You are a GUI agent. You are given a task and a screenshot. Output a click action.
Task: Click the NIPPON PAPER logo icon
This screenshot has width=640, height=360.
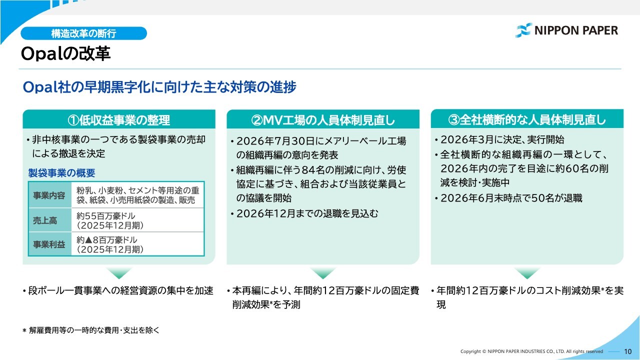524,30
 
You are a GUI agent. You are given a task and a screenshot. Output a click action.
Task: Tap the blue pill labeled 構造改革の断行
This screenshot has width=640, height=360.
83,33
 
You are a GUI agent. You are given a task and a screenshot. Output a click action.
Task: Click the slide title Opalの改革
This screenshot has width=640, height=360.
65,53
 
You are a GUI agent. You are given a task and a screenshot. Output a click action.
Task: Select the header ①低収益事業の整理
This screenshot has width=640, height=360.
119,119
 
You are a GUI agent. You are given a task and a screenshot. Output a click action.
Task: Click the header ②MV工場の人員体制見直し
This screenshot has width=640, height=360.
323,120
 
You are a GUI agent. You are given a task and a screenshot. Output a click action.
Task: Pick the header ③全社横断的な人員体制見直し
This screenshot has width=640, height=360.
527,119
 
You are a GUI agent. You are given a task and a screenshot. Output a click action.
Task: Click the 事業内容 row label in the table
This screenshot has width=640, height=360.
49,195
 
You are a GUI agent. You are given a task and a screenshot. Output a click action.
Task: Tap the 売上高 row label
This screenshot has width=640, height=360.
45,220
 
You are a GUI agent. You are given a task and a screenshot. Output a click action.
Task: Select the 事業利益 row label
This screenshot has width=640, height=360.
49,244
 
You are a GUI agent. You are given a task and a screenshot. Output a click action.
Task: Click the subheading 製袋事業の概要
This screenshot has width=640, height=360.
61,173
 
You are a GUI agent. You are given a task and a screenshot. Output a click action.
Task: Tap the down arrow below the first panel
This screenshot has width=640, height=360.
119,273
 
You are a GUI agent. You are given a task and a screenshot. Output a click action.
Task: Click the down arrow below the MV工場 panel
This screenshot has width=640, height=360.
323,273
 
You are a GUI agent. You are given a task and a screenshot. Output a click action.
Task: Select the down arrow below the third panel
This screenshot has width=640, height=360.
527,273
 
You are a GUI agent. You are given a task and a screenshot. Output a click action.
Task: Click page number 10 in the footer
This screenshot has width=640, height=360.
627,351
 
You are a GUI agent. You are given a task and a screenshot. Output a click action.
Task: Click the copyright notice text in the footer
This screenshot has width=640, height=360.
531,351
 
